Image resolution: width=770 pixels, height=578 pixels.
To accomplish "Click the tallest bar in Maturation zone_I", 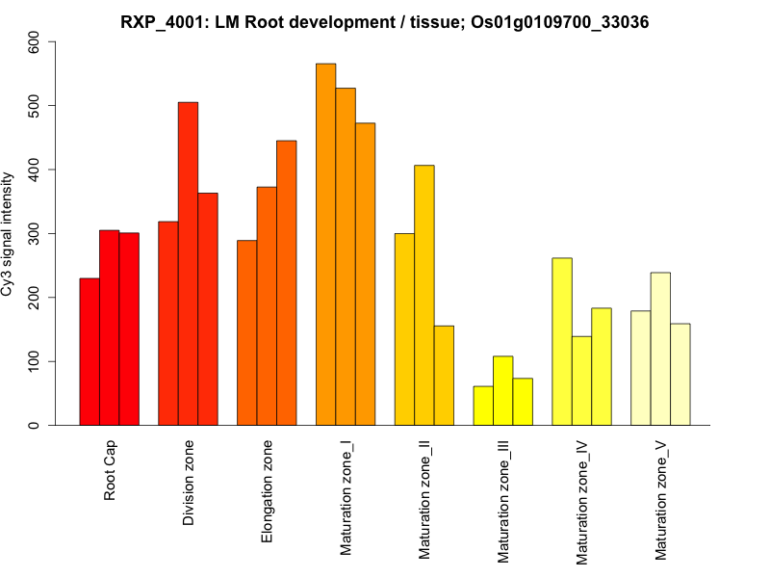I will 325,245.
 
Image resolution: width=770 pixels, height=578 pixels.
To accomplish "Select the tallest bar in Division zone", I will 188,264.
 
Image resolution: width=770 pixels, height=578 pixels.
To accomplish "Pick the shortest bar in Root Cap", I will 90,352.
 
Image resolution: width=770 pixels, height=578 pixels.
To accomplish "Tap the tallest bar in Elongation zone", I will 286,283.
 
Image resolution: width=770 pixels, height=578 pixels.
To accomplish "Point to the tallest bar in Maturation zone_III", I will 502,391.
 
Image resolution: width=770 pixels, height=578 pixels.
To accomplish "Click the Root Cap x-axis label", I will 110,471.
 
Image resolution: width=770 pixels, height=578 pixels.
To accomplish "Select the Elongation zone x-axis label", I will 268,491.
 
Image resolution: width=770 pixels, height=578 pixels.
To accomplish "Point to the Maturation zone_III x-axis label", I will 502,501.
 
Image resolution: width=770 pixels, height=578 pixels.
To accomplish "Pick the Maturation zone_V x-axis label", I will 660,500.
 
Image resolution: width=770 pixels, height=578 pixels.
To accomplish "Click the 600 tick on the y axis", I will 36,40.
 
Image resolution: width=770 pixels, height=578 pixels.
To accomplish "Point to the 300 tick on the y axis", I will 36,233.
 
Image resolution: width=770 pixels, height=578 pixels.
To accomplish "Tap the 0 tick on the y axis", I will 36,425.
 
